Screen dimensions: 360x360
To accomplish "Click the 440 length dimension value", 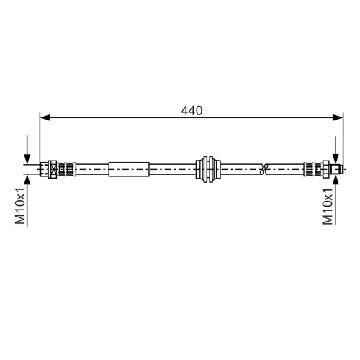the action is (x=192, y=111).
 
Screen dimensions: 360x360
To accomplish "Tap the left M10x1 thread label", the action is (x=20, y=206).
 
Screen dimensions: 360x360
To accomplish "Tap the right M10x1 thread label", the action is (x=328, y=206).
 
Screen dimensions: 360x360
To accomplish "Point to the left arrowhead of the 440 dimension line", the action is (x=45, y=117).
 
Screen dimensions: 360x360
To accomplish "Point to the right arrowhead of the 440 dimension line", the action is (x=338, y=117).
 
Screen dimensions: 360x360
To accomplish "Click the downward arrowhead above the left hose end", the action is (x=27, y=159).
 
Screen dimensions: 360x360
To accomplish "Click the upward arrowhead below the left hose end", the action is (x=27, y=180).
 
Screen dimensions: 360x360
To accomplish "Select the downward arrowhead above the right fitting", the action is (x=336, y=159).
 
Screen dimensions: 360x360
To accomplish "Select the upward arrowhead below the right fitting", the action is (x=336, y=180).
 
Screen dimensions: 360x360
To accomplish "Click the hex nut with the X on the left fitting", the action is (x=53, y=169).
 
